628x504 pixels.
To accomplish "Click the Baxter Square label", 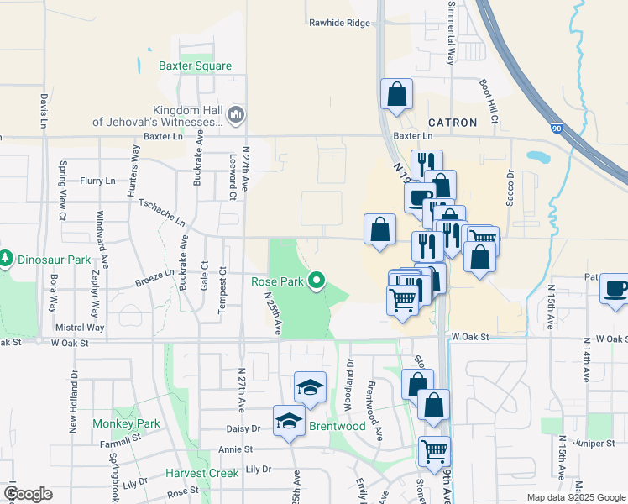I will click(195, 66).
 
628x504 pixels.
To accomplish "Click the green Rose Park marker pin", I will click(317, 280).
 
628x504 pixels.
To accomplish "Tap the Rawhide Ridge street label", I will click(339, 23).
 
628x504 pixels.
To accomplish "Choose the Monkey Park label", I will click(126, 424).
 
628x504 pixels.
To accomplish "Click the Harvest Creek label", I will click(202, 474).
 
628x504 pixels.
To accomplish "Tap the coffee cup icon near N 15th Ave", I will click(615, 290).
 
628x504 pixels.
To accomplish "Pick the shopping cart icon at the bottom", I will click(434, 451).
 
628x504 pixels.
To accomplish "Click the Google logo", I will click(28, 494).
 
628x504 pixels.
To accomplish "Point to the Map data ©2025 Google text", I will click(575, 497).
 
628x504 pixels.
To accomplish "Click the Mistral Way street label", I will click(79, 328).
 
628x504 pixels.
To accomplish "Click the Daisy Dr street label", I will click(244, 428).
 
